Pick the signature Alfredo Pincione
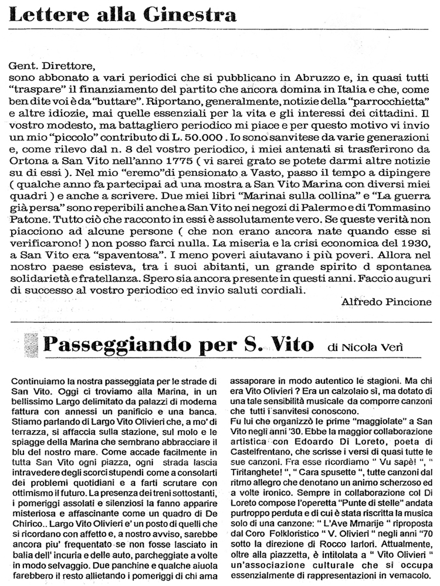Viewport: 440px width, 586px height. click(x=385, y=301)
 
